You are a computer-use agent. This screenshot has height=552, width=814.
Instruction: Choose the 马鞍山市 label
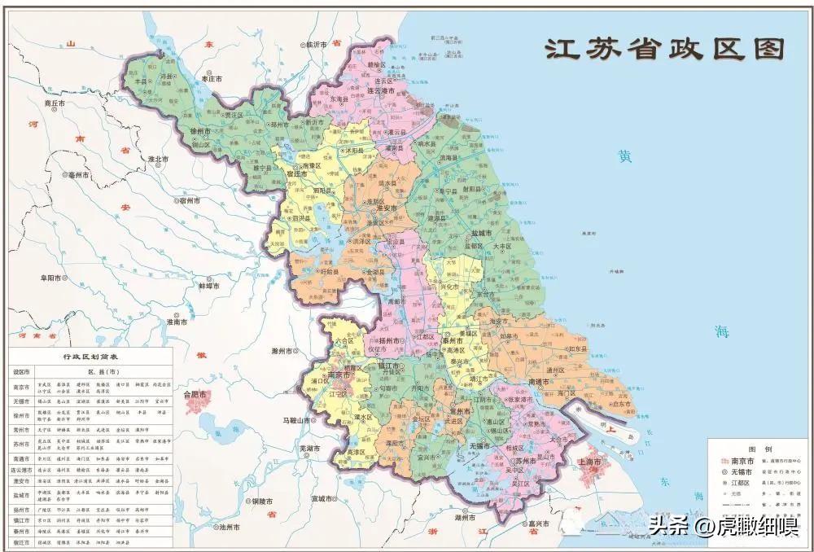(x=297, y=420)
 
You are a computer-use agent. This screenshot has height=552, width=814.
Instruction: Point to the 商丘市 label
(x=59, y=103)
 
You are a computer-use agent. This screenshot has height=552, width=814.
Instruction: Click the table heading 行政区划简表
(x=90, y=357)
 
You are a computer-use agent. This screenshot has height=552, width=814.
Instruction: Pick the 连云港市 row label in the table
(x=21, y=470)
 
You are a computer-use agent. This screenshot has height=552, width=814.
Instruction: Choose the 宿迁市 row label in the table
(x=21, y=541)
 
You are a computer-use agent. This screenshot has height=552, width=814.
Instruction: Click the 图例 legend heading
(x=759, y=449)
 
